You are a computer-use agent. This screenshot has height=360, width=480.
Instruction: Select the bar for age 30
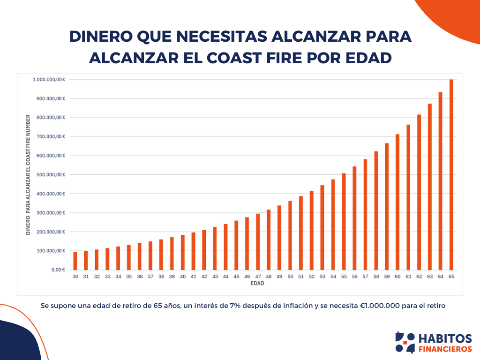(75, 261)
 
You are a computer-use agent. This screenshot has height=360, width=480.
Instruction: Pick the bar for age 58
(376, 210)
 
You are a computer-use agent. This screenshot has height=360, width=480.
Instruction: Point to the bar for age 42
(204, 250)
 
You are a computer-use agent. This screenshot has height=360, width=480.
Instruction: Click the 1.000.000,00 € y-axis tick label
(48, 80)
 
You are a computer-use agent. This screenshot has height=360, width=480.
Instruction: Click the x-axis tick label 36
(140, 277)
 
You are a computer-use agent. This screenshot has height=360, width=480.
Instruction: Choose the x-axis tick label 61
(408, 277)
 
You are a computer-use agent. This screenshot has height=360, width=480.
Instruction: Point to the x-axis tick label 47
(258, 277)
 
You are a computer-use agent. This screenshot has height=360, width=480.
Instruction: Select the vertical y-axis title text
(28, 175)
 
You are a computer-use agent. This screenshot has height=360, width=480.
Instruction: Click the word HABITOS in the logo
(445, 338)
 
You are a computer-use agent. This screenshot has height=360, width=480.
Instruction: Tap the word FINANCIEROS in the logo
(445, 349)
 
